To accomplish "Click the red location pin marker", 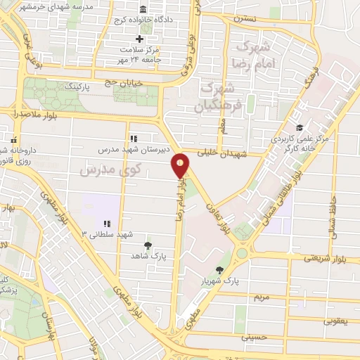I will pyautogui.click(x=181, y=166).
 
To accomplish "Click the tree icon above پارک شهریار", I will pyautogui.click(x=220, y=270).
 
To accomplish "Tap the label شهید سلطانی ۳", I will pyautogui.click(x=108, y=233).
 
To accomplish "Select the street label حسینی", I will pyautogui.click(x=255, y=337).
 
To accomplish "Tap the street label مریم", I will pyautogui.click(x=261, y=297).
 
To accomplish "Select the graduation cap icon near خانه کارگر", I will pyautogui.click(x=300, y=127).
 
